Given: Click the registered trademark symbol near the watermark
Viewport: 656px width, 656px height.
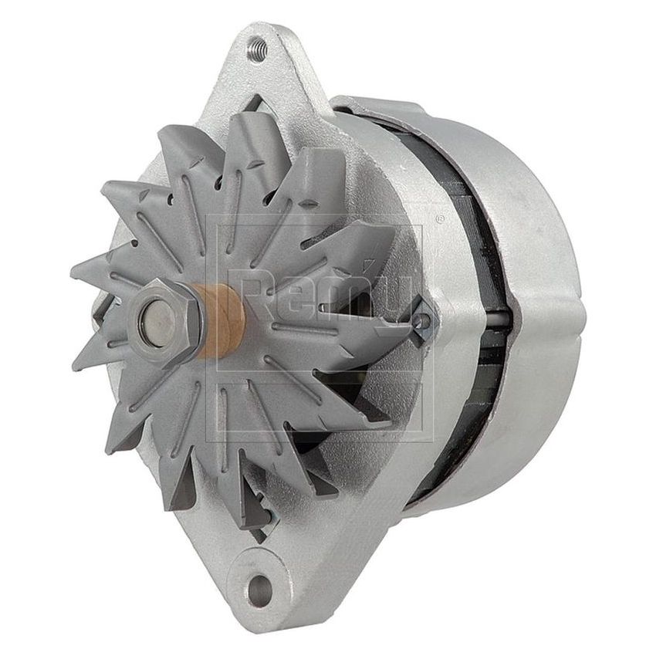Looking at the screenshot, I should point(439,219).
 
